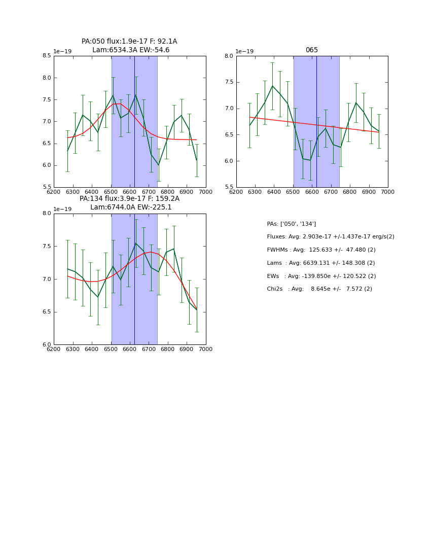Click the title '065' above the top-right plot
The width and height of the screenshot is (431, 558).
coord(311,50)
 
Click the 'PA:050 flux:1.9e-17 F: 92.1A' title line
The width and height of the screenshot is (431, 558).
coord(129,42)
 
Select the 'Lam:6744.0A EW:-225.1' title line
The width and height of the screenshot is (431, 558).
coord(131,207)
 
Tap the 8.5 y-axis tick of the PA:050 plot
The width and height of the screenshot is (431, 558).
coord(46,56)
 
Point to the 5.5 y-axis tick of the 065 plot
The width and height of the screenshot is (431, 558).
coord(228,187)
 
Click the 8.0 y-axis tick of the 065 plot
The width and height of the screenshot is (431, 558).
coord(228,56)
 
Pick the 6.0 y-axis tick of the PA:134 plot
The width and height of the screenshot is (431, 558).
coord(46,344)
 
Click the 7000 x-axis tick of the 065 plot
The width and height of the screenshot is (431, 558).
coord(387,192)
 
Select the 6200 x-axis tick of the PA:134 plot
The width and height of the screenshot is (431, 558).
coord(54,350)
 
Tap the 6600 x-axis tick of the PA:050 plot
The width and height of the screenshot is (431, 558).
coord(130,192)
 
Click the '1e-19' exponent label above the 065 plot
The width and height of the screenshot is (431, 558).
coord(244,51)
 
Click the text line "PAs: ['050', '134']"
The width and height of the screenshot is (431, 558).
coord(291,224)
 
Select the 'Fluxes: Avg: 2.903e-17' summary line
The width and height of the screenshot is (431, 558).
coord(330,237)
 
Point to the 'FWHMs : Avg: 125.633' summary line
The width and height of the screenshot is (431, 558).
coord(321,250)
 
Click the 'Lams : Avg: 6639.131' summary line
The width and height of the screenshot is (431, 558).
coord(320,263)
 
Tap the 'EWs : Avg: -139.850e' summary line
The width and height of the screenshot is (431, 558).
coord(321,276)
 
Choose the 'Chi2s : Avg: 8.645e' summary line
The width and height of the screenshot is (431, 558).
coord(319,289)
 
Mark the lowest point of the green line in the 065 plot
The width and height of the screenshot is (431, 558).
coord(310,160)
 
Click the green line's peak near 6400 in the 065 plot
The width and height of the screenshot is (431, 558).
coord(272,86)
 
